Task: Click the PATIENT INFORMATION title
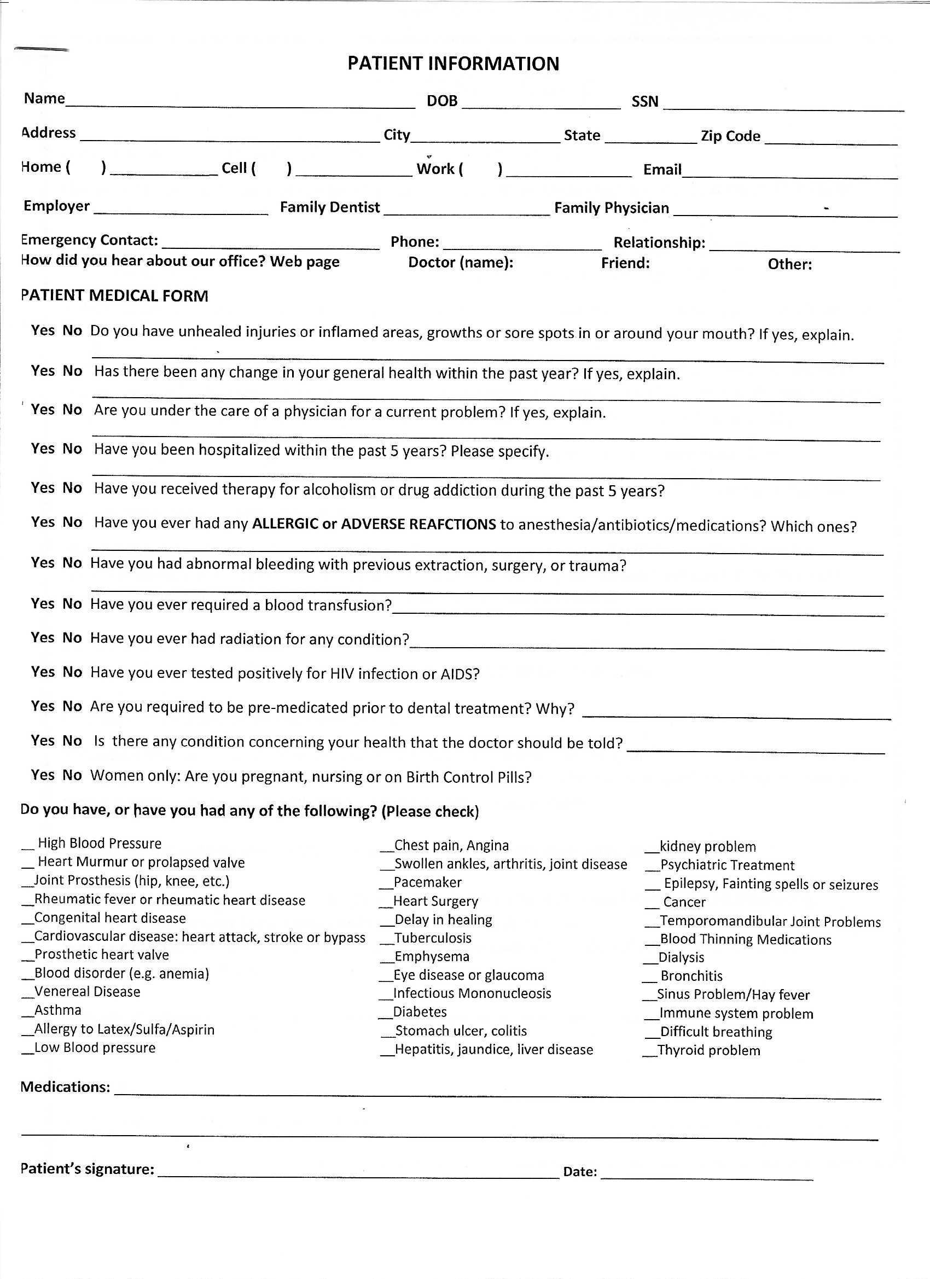pyautogui.click(x=453, y=63)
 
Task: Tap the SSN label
pyautogui.click(x=644, y=102)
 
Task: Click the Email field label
pyautogui.click(x=662, y=169)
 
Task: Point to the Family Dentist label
pyautogui.click(x=329, y=207)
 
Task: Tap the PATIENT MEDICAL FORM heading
pyautogui.click(x=114, y=295)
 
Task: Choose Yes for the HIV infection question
pyautogui.click(x=43, y=672)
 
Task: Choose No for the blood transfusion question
pyautogui.click(x=72, y=603)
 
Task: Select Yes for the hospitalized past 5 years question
pyautogui.click(x=43, y=449)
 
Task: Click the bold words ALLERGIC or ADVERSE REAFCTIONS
pyautogui.click(x=373, y=524)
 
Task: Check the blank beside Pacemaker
pyautogui.click(x=386, y=883)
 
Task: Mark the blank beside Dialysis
pyautogui.click(x=651, y=958)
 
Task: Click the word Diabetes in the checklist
pyautogui.click(x=420, y=1011)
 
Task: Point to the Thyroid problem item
pyautogui.click(x=708, y=1050)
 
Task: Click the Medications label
pyautogui.click(x=65, y=1086)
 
